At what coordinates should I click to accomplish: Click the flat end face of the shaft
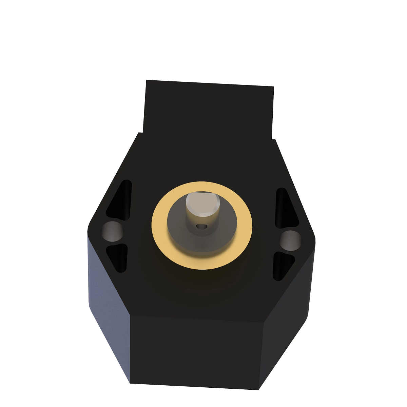tap(202, 204)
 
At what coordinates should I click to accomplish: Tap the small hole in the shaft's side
tap(202, 226)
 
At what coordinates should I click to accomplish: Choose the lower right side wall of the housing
tap(287, 326)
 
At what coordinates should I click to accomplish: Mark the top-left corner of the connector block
tap(146, 80)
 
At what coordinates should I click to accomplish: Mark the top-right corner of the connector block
tap(273, 87)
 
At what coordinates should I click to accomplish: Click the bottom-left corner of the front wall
tap(130, 383)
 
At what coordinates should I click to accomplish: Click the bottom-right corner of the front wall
tap(259, 390)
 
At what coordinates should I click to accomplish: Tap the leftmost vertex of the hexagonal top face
tap(88, 231)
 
